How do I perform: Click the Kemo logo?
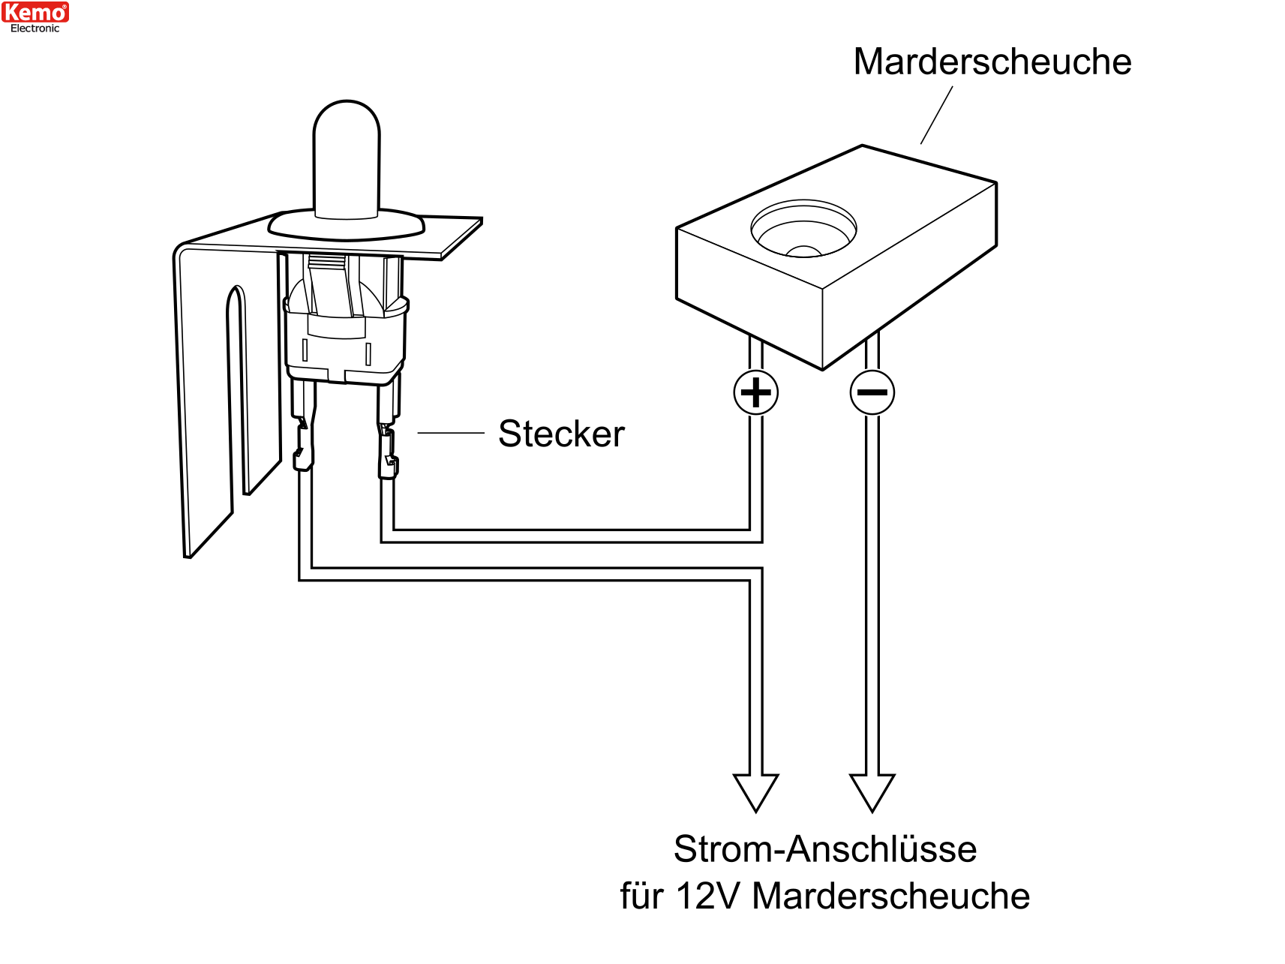click(35, 12)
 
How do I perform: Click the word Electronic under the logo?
click(35, 29)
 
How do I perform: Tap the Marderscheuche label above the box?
click(992, 62)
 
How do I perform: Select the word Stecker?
click(561, 434)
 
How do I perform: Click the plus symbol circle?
click(756, 392)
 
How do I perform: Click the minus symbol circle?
click(872, 392)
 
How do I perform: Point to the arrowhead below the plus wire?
click(756, 793)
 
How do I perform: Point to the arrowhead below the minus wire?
click(872, 793)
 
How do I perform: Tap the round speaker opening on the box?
click(803, 229)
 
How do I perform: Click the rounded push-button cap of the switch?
click(347, 160)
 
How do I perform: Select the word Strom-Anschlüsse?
click(825, 849)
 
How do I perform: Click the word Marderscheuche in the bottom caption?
click(891, 896)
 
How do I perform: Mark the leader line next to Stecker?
click(451, 433)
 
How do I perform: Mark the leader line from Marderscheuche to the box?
click(937, 115)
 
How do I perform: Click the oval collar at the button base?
click(347, 224)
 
